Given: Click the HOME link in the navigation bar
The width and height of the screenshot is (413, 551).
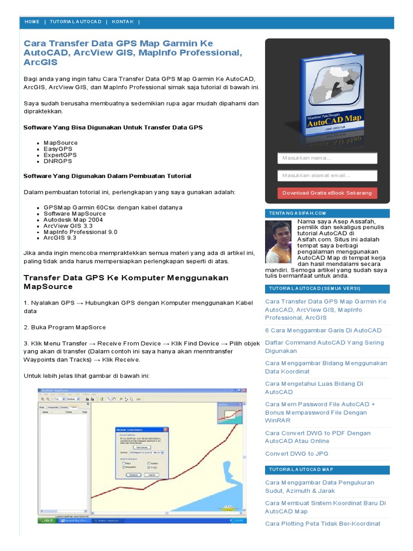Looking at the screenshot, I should tap(32, 22).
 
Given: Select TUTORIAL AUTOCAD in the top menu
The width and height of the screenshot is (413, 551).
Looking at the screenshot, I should tap(75, 22).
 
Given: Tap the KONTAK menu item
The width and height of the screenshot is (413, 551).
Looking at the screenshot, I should tap(123, 22).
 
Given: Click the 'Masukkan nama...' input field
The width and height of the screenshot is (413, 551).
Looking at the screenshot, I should tap(327, 158).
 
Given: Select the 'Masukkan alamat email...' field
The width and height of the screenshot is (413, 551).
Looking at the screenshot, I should tap(327, 175).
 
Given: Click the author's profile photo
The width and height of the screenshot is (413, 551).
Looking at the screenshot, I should tap(280, 242).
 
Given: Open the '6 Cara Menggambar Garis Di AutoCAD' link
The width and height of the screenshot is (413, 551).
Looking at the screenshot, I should tap(323, 330).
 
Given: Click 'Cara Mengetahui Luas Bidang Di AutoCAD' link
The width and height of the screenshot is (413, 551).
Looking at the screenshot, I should tap(314, 387).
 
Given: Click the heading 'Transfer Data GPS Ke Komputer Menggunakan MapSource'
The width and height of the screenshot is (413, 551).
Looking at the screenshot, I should tap(126, 282).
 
